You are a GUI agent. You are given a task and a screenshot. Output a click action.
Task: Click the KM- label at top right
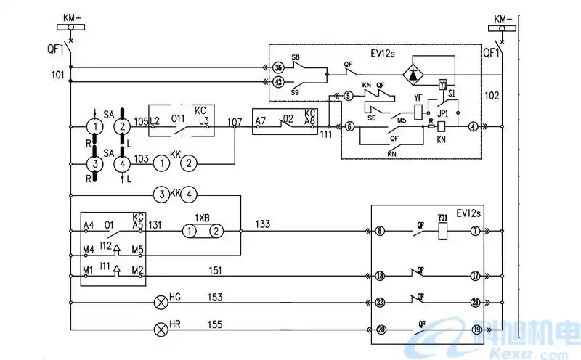(x=504, y=18)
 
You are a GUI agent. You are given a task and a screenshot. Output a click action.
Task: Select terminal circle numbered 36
(x=279, y=68)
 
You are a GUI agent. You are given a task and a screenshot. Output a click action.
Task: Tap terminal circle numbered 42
(x=279, y=81)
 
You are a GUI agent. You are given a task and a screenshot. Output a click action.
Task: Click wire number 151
(x=215, y=270)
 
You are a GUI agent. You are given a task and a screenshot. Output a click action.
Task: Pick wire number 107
(x=235, y=121)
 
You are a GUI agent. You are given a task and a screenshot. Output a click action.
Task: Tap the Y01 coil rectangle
(x=442, y=232)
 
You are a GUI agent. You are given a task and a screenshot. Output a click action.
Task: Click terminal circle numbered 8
(x=380, y=232)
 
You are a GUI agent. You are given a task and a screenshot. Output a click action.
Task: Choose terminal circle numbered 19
(x=476, y=329)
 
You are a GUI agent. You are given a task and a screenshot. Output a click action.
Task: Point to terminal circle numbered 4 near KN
(x=473, y=126)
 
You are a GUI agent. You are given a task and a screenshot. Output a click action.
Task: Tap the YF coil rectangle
(x=418, y=112)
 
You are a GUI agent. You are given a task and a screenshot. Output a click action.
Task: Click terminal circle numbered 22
(x=380, y=302)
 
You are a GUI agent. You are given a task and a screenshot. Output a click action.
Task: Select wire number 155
(x=215, y=324)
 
